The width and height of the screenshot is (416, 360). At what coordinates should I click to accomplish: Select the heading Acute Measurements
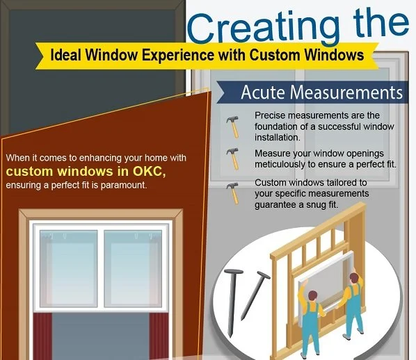(x=321, y=92)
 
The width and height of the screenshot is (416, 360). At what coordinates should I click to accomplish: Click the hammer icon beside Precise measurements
(x=232, y=125)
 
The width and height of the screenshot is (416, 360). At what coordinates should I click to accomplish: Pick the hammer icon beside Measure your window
(x=232, y=157)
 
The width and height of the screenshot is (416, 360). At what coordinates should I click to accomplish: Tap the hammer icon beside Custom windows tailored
(x=232, y=191)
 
